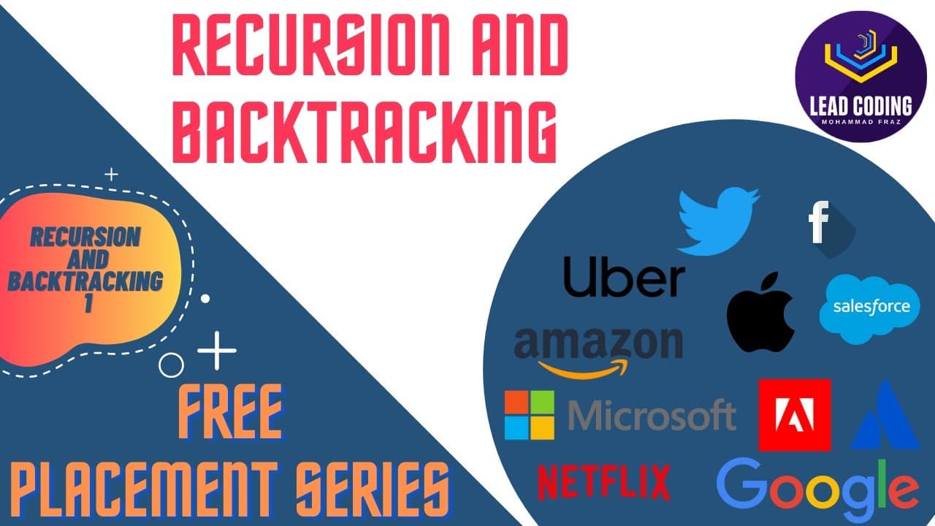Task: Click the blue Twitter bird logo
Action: tap(718, 221)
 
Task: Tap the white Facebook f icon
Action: tap(819, 221)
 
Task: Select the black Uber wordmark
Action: tap(624, 276)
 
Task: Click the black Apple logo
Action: tap(760, 312)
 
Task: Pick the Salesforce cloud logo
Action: tap(869, 309)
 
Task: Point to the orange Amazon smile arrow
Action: tap(583, 369)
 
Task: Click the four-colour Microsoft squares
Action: tap(530, 415)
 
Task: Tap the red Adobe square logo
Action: tap(795, 415)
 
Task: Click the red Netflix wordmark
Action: tap(604, 482)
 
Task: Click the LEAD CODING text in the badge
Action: tap(861, 106)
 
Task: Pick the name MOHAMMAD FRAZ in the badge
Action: tap(860, 122)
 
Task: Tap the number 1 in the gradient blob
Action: tap(88, 302)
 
